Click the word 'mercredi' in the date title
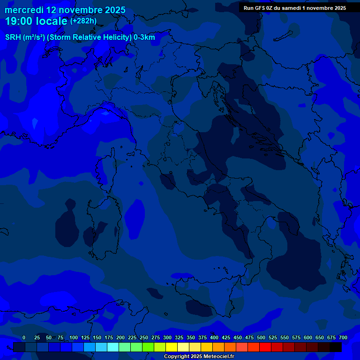click(x=24, y=10)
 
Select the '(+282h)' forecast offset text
click(x=83, y=21)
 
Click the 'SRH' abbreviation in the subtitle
click(x=14, y=37)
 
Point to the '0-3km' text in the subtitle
click(x=144, y=37)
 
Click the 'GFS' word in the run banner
click(x=259, y=7)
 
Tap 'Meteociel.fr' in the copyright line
click(x=218, y=357)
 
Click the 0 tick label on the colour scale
click(x=24, y=337)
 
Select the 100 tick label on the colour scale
click(x=74, y=337)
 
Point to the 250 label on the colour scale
click(x=144, y=337)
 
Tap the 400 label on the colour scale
click(x=214, y=337)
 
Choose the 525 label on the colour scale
click(x=273, y=337)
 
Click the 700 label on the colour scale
click(x=343, y=337)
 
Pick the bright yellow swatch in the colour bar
click(x=172, y=347)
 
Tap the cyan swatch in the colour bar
click(x=113, y=347)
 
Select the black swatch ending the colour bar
click(x=336, y=347)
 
